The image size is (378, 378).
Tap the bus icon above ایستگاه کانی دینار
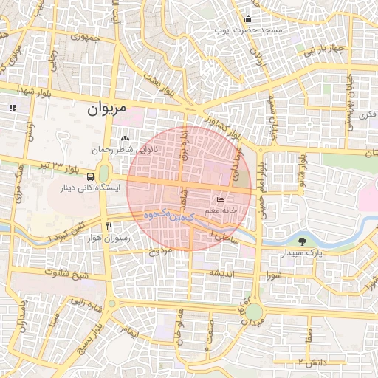click(x=89, y=176)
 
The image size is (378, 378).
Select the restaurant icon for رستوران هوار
click(x=109, y=227)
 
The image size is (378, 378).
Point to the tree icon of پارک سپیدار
click(x=301, y=241)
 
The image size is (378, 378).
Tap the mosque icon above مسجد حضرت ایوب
click(x=249, y=18)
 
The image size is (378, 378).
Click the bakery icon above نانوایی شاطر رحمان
click(x=125, y=138)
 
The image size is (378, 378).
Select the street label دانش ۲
click(x=311, y=361)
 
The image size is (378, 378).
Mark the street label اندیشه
click(x=224, y=272)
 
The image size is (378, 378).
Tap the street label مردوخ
click(x=161, y=251)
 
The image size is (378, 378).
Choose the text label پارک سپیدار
click(x=303, y=253)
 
